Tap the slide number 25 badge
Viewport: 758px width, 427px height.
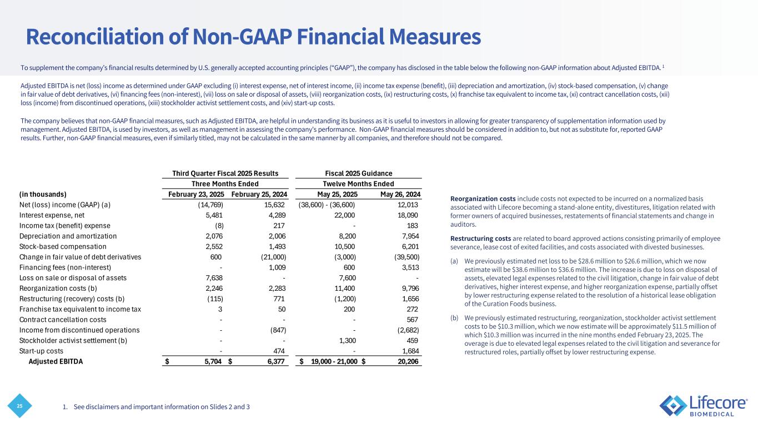tap(20, 406)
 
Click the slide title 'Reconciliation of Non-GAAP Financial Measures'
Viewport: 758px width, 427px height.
tap(253, 37)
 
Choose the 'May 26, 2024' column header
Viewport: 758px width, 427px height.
tap(400, 195)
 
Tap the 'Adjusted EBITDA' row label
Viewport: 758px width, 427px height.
tap(56, 361)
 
